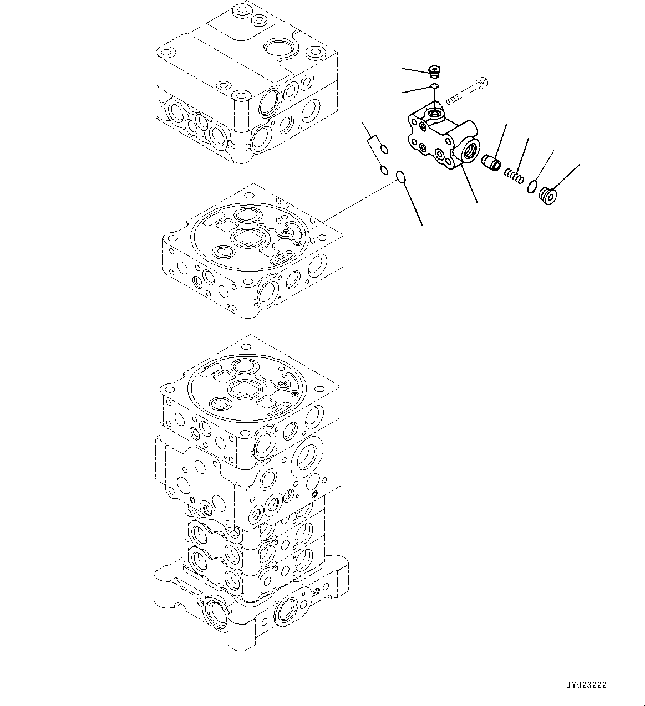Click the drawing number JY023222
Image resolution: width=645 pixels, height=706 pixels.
click(x=587, y=685)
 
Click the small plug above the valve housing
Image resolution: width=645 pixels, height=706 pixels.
click(x=434, y=71)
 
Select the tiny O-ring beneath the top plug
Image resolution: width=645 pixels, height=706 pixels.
click(x=435, y=86)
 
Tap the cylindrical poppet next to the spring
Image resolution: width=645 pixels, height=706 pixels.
click(x=490, y=163)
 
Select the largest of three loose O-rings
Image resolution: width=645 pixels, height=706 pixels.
click(x=402, y=178)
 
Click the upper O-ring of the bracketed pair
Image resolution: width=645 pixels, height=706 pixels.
click(x=384, y=149)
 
